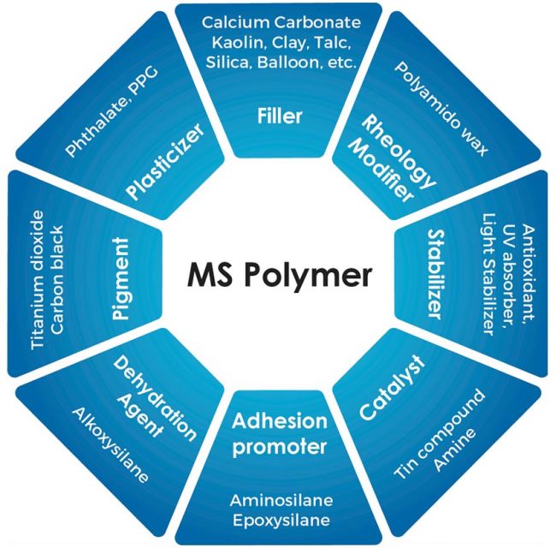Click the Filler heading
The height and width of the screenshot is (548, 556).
(279, 116)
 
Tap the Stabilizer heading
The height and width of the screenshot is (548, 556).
(433, 274)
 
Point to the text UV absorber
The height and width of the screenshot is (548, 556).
(508, 276)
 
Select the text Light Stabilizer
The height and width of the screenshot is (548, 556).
(488, 276)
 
